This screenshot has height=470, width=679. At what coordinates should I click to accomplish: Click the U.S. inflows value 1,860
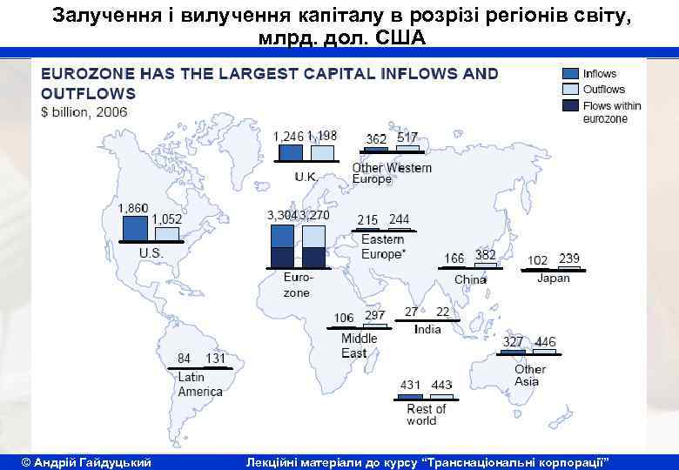point(133,209)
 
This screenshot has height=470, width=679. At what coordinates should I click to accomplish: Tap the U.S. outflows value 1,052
point(167,219)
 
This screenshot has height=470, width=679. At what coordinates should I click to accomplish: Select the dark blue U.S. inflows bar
point(135,228)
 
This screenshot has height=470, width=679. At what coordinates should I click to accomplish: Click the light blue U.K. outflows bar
point(322,153)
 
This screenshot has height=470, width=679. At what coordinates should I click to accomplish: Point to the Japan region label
point(554,279)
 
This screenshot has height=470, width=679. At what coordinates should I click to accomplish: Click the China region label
point(470,279)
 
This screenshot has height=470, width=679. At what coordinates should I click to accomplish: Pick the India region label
point(427,329)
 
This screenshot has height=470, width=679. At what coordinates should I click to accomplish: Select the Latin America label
point(199,384)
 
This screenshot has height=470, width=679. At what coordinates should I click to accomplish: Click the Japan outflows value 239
point(568,258)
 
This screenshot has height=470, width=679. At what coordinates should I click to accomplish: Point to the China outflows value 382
point(485,256)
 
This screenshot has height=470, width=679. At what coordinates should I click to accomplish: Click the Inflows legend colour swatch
point(570,74)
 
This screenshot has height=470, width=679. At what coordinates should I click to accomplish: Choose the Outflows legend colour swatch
point(570,90)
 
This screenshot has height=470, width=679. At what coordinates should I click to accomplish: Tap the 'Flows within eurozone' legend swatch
point(570,106)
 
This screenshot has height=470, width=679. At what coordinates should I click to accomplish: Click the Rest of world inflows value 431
point(410,385)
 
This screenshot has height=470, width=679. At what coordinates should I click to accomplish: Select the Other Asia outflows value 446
point(545,342)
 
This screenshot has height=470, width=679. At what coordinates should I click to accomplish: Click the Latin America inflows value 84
point(184,359)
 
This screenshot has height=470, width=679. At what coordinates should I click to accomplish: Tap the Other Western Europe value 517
point(407,138)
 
